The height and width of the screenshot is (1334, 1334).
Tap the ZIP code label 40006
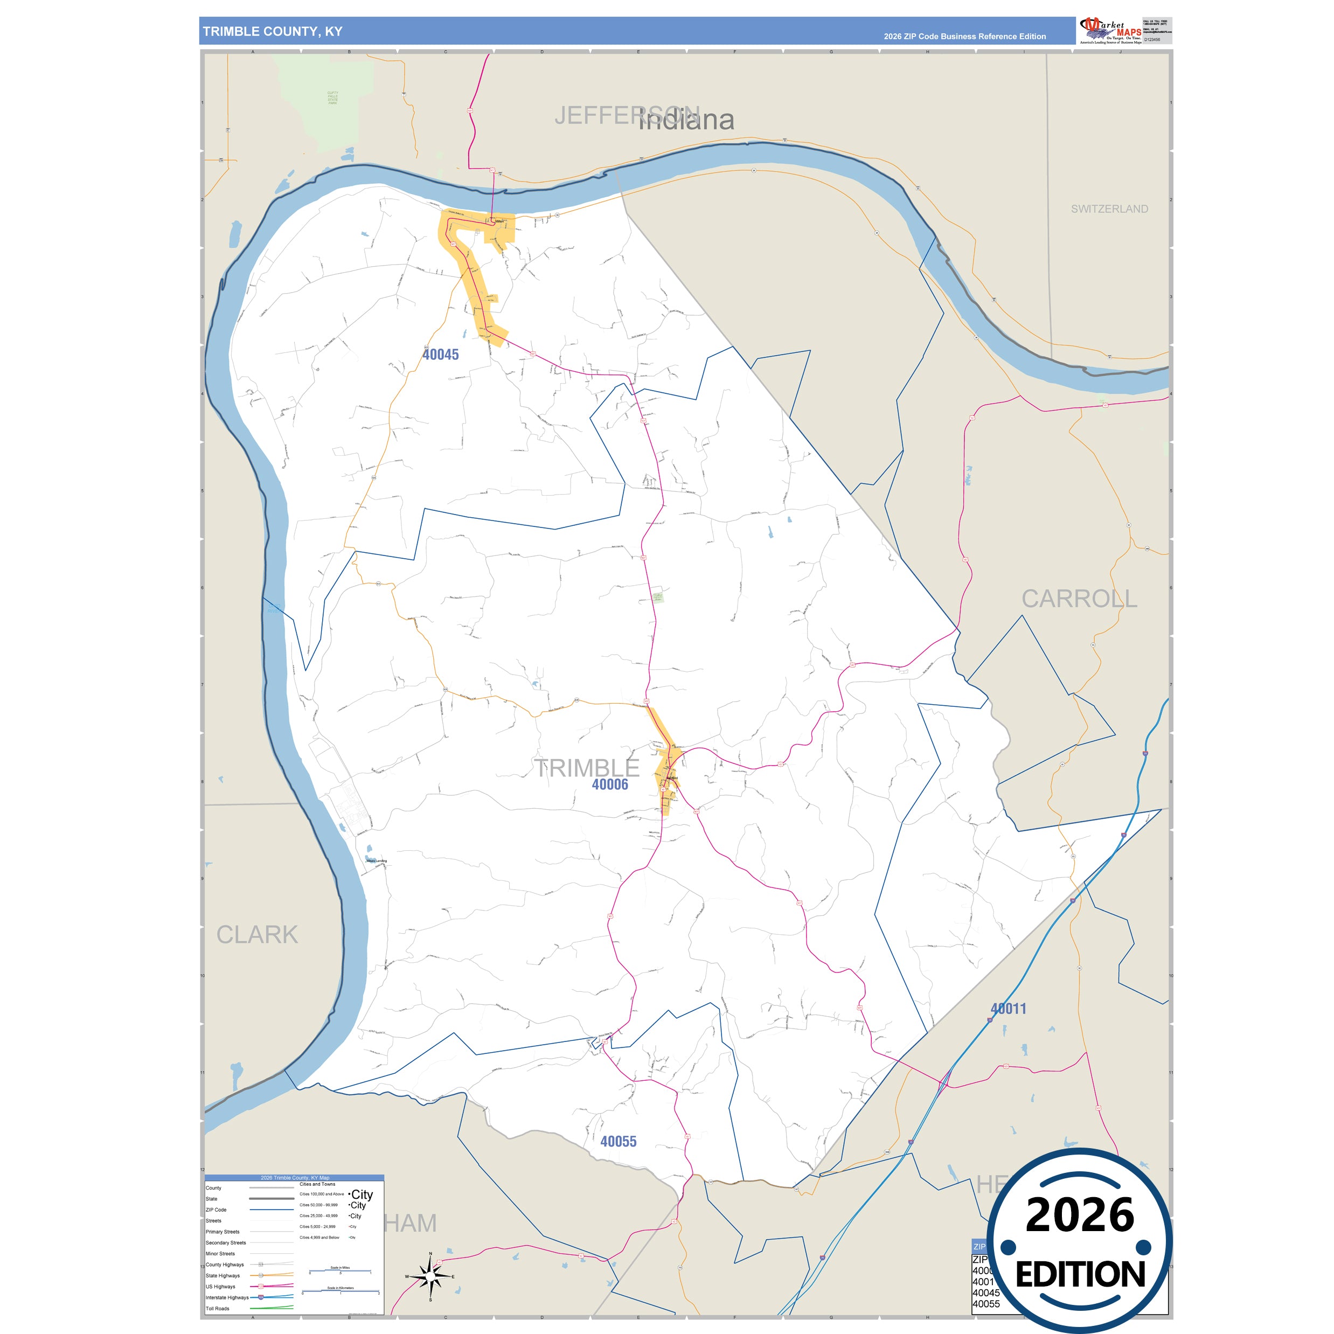(x=610, y=784)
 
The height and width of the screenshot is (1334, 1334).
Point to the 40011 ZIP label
(x=1008, y=1009)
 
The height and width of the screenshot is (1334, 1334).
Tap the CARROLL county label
(x=1079, y=599)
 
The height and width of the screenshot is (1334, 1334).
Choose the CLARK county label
(x=257, y=934)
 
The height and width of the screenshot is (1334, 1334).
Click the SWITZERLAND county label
(x=1109, y=209)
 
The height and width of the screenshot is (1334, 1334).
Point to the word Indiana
(x=686, y=120)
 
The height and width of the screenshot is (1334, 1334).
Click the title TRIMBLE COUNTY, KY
(x=273, y=32)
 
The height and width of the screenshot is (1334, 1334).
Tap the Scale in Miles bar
(x=341, y=1271)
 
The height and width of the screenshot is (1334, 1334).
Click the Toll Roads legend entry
(x=218, y=1309)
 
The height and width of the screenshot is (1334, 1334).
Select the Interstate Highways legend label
(x=226, y=1297)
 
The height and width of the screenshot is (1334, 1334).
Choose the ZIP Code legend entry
(x=216, y=1210)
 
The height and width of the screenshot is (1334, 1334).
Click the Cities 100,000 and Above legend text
(x=321, y=1194)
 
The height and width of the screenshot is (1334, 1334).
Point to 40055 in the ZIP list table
(x=986, y=1304)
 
